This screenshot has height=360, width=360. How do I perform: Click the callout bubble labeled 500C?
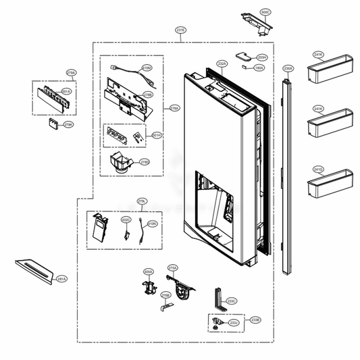pyautogui.click(x=265, y=13)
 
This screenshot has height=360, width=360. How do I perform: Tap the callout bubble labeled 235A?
pyautogui.click(x=288, y=68)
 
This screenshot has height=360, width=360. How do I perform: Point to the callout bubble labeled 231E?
pyautogui.click(x=180, y=31)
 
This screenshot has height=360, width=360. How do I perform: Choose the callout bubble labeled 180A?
pyautogui.click(x=259, y=68)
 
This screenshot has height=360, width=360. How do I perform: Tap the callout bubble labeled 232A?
pyautogui.click(x=222, y=63)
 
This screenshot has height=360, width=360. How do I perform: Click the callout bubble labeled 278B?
pyautogui.click(x=147, y=96)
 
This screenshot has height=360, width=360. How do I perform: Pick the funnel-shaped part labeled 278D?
pyautogui.click(x=122, y=163)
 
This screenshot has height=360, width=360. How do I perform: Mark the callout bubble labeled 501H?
pyautogui.click(x=157, y=136)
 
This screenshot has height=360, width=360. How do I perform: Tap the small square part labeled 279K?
pyautogui.click(x=53, y=123)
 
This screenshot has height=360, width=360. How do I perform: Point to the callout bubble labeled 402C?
pyautogui.click(x=126, y=220)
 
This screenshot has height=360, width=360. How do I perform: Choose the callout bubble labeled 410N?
pyautogui.click(x=153, y=223)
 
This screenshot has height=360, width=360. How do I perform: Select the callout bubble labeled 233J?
pyautogui.click(x=234, y=324)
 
